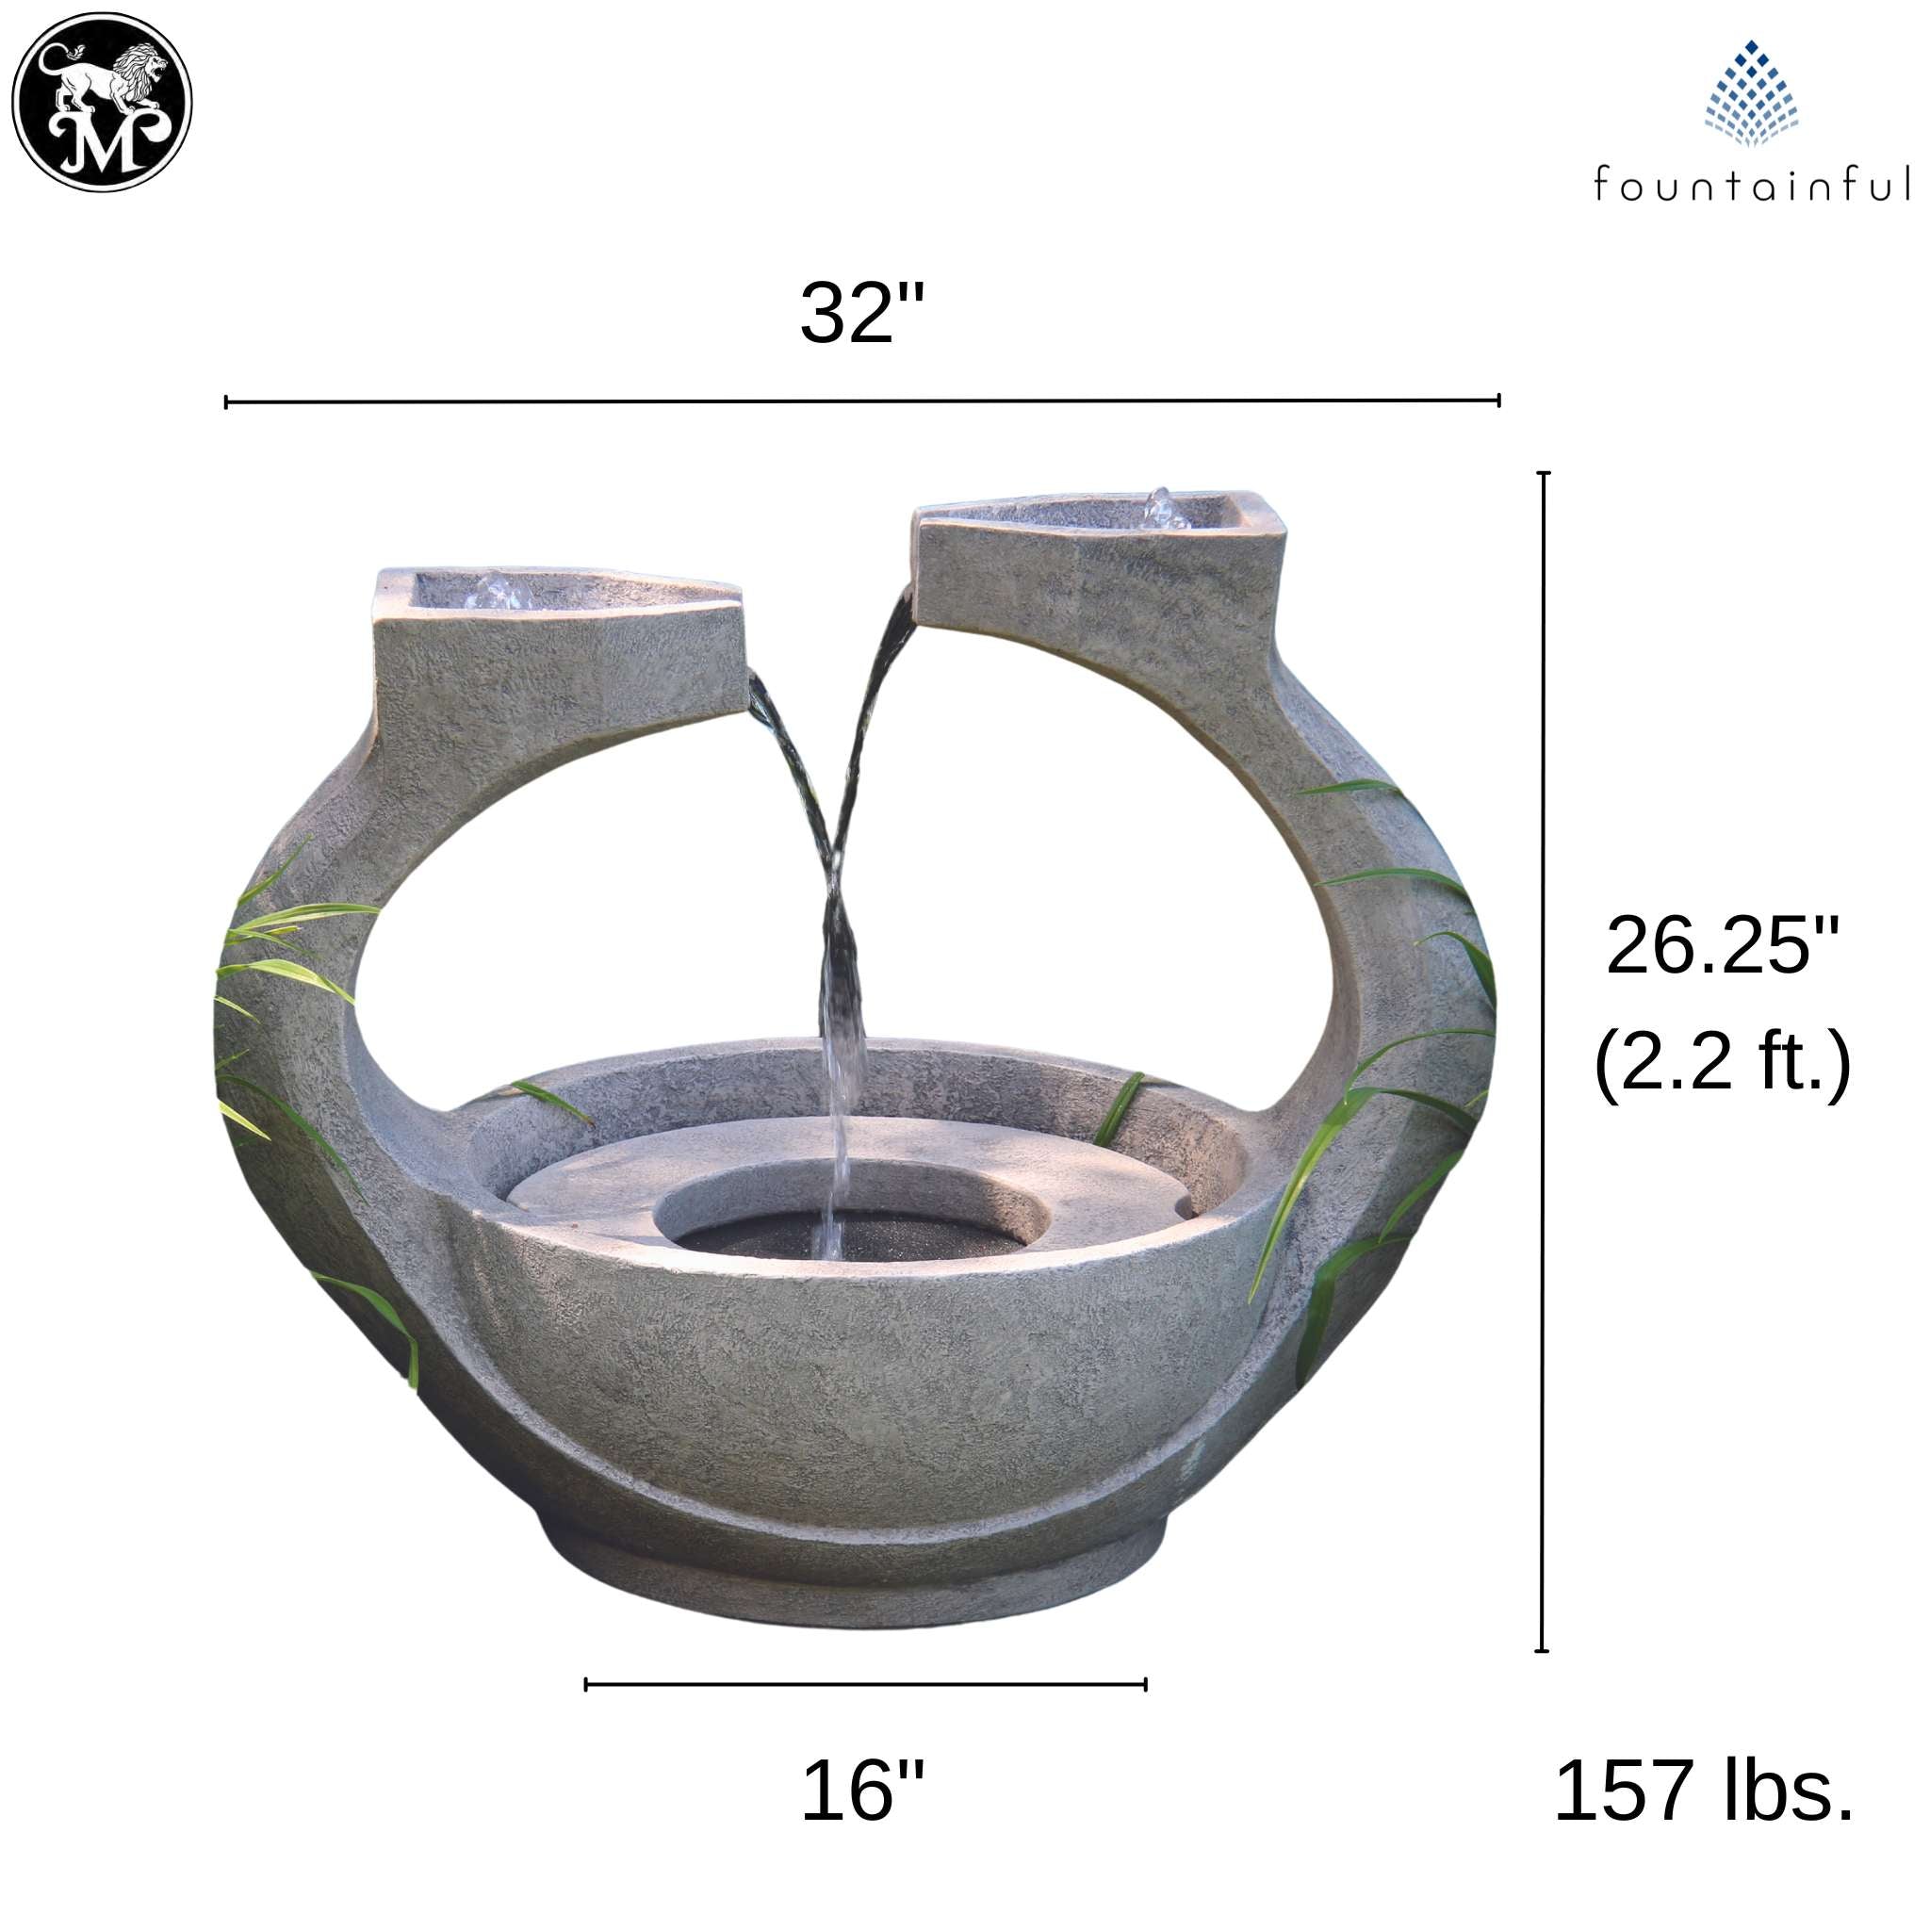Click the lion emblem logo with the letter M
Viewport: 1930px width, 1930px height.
pyautogui.click(x=101, y=103)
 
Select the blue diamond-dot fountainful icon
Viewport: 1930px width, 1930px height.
pyautogui.click(x=1751, y=93)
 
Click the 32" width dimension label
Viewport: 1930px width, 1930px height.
pyautogui.click(x=862, y=313)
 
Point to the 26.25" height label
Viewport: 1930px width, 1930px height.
pyautogui.click(x=1723, y=946)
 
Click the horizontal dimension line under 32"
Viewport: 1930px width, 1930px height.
pyautogui.click(x=862, y=401)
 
